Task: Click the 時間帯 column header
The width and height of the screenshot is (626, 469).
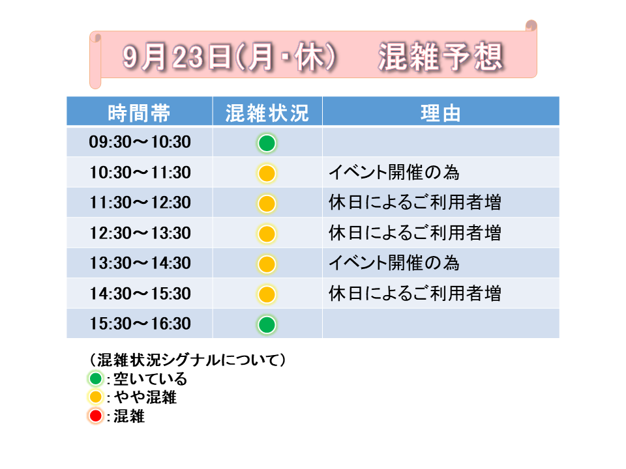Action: click(139, 113)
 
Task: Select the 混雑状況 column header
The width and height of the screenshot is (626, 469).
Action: click(267, 113)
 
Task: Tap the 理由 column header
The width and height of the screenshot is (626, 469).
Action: click(440, 113)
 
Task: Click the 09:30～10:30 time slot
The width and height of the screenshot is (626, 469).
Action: click(140, 142)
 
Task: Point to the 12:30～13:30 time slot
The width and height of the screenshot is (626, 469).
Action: click(140, 233)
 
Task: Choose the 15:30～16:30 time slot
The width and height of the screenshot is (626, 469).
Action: click(140, 324)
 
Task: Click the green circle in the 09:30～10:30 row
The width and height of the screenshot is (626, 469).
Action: click(267, 143)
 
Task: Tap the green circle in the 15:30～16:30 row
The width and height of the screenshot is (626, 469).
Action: click(267, 324)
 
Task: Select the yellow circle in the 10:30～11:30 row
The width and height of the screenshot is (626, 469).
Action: click(267, 173)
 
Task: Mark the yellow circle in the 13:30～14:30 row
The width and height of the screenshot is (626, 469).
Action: click(267, 264)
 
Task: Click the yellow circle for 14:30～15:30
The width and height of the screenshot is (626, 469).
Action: click(267, 294)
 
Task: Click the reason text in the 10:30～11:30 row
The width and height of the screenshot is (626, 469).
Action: click(394, 172)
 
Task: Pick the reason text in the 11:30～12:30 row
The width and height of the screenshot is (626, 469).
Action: click(415, 202)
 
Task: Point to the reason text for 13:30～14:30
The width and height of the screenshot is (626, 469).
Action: click(394, 263)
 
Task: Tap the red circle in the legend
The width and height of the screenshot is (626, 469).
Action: click(95, 416)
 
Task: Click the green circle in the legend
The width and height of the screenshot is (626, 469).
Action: click(95, 378)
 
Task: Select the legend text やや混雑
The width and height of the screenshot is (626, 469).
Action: click(145, 397)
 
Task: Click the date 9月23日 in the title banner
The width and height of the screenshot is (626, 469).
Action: click(177, 57)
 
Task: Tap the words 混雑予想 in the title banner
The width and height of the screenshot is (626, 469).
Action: click(440, 57)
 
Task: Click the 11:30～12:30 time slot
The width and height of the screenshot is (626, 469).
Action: click(140, 202)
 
